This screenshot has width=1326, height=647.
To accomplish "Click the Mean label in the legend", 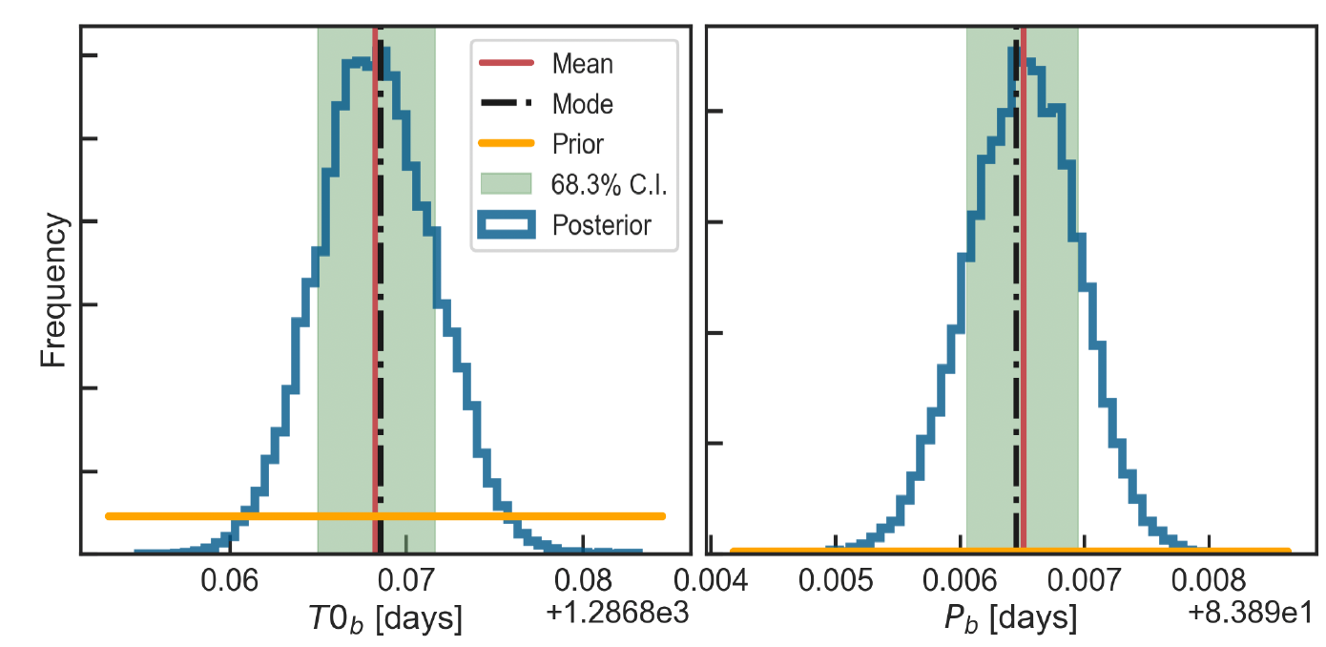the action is (583, 63).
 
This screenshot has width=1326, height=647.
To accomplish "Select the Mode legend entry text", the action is (583, 104).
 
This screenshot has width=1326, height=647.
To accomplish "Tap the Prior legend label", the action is (578, 144).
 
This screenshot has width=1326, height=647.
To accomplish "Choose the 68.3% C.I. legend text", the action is (609, 185).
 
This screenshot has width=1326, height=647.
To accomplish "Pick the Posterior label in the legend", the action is (601, 225).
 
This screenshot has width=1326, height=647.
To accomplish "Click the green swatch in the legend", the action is (507, 184).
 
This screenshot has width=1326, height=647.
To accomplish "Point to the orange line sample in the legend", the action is (507, 143).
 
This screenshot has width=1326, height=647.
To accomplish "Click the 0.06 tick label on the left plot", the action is (230, 580).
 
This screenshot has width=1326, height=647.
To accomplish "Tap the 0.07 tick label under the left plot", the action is (406, 580).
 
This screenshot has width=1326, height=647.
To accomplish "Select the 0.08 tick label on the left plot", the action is (583, 580).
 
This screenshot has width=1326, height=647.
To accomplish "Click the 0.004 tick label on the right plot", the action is (711, 580).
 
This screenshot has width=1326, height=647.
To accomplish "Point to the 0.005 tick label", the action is (836, 580).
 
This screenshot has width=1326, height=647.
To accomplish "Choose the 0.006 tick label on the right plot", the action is (960, 580).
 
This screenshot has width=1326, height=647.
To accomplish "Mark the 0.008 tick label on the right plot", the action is (1209, 580).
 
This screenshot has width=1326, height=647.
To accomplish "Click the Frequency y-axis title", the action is (53, 290).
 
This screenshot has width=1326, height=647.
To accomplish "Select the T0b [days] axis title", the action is (385, 618).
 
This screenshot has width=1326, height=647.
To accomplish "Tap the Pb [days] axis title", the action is (1010, 618).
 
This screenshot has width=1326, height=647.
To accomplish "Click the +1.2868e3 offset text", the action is (617, 612).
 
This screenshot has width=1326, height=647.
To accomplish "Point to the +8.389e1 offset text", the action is (1250, 612).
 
